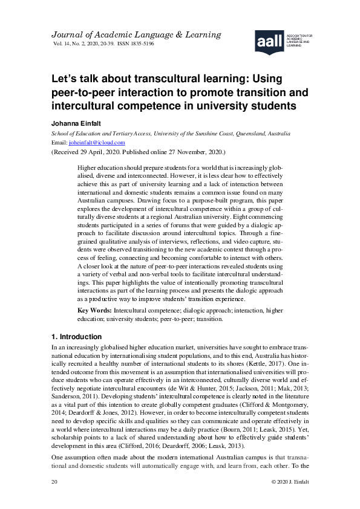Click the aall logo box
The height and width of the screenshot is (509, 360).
tap(269, 41)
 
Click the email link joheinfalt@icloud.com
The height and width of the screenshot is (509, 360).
tap(97, 143)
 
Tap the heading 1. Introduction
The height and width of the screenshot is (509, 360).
tap(77, 337)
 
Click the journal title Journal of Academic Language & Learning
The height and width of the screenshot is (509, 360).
tap(128, 34)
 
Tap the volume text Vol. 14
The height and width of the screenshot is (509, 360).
tap(63, 45)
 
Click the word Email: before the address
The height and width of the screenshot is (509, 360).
tap(60, 143)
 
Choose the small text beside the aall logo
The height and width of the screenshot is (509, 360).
tap(300, 40)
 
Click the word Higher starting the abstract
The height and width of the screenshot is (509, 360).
tap(90, 166)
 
